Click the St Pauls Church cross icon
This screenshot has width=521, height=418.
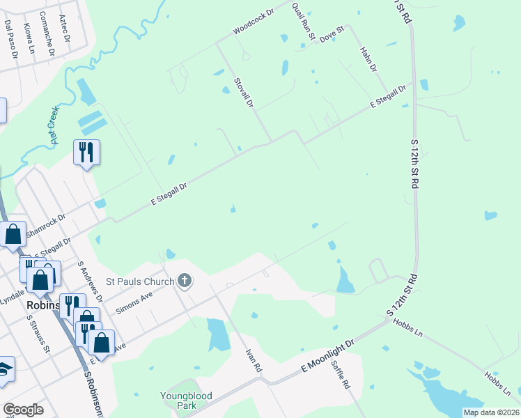185,281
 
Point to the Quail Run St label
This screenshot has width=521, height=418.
304,20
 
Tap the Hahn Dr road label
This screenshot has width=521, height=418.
368,60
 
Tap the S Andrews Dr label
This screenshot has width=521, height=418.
91,281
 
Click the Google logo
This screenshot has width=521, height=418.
23,410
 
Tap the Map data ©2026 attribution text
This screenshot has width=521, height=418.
491,412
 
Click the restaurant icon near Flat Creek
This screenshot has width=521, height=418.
86,152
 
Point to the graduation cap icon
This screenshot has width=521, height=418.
4,370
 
